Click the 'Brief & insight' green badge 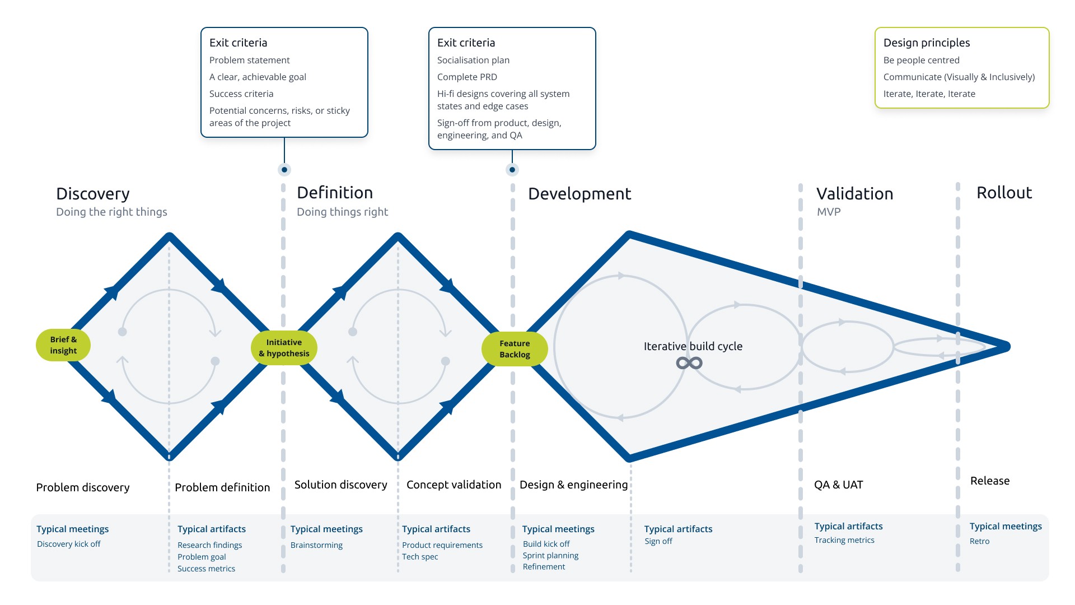pos(63,345)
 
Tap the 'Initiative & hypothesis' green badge pos(284,348)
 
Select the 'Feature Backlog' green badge pos(515,349)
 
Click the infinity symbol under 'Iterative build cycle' pos(689,363)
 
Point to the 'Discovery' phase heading pos(93,194)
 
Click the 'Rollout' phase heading pos(1004,193)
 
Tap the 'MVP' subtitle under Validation pos(829,212)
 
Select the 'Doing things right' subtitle pos(342,212)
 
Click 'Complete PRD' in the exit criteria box pos(467,77)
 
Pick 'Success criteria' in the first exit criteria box pos(241,94)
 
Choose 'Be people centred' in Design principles pos(921,60)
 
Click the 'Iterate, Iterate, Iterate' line pos(929,94)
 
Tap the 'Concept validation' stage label pos(454,485)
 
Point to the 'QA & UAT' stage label pos(838,485)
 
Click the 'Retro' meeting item pos(979,541)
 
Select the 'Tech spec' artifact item pos(420,557)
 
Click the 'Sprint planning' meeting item pos(550,556)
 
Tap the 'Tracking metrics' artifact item pos(844,540)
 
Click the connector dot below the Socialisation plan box pos(512,170)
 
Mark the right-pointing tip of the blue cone pos(1006,347)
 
